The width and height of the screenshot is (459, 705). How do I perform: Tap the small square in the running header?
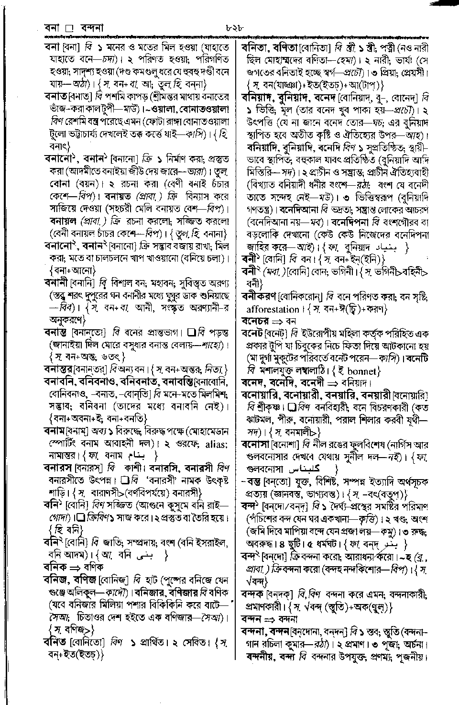coord(68,28)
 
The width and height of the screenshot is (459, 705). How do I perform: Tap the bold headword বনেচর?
coord(255,321)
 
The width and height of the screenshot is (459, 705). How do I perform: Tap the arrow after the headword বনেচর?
coord(277,321)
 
